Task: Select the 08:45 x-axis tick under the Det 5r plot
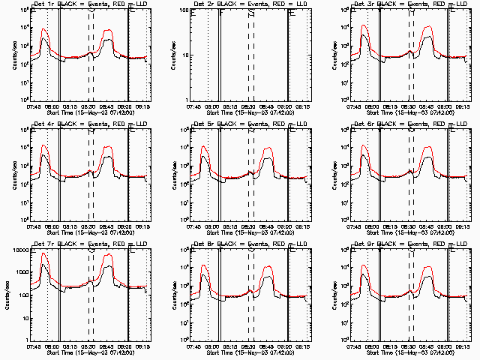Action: [x=267, y=226]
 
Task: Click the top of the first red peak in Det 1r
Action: [x=44, y=29]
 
